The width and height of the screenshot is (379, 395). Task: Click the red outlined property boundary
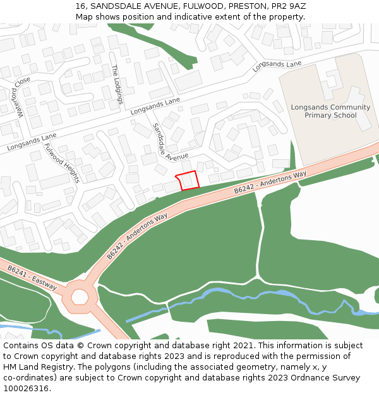click(188, 180)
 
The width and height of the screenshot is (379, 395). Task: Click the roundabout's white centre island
click(80, 296)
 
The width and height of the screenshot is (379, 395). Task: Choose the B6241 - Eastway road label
click(32, 279)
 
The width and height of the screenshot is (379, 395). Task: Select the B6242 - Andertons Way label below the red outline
click(270, 182)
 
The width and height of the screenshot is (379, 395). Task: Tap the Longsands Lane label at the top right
click(277, 66)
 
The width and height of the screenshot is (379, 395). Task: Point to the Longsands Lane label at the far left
click(32, 142)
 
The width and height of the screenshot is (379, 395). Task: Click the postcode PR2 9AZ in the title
click(287, 6)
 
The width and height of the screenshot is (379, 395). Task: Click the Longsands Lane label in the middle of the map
click(155, 106)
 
